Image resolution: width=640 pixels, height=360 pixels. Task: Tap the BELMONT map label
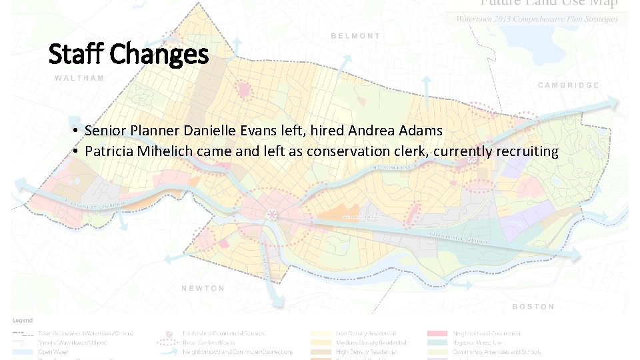click(x=355, y=36)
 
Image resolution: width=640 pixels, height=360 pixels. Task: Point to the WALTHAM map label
click(x=79, y=78)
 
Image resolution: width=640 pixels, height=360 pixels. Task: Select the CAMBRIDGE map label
click(x=568, y=85)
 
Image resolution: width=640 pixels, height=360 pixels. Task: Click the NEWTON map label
click(x=203, y=288)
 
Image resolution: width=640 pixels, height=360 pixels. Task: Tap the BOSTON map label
click(x=533, y=307)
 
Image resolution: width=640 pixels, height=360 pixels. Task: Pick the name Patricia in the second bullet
click(x=109, y=151)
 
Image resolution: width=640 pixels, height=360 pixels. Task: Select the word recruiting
click(x=527, y=151)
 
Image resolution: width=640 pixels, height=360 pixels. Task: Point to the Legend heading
click(x=22, y=321)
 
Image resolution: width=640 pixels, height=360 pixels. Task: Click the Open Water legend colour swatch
click(x=23, y=351)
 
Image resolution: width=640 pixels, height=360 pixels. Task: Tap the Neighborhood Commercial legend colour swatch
click(x=437, y=333)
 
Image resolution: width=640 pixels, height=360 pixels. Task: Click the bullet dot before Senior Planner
click(x=78, y=131)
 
